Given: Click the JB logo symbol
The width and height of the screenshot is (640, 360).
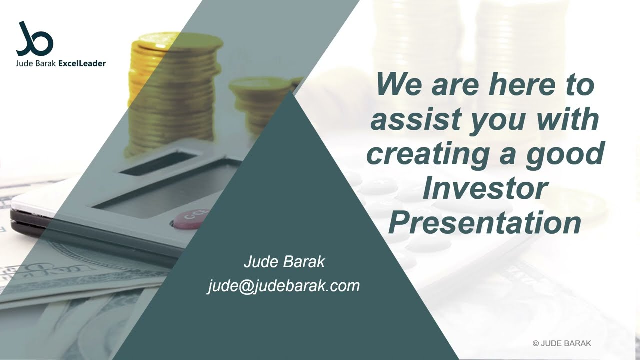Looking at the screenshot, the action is click(35, 39).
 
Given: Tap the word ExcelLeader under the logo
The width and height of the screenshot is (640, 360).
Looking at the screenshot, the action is click(82, 63).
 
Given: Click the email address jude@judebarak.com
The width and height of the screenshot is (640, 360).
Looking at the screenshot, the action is click(283, 285).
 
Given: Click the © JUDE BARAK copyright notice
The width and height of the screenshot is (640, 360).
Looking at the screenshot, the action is click(562, 343).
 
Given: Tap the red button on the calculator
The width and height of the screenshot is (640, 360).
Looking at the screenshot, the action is click(188, 219).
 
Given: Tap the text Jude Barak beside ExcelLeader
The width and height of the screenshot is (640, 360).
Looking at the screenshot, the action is click(36, 63).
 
